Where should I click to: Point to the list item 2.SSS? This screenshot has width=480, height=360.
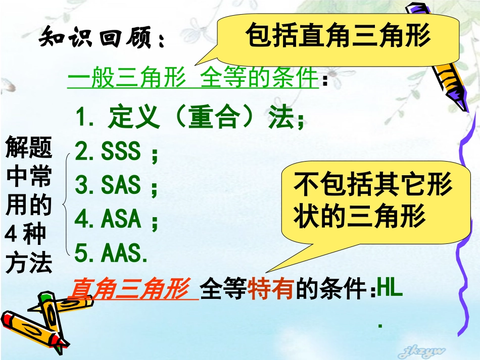click(116, 151)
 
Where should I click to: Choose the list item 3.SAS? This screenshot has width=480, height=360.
click(116, 185)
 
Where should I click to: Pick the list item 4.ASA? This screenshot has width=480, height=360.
click(116, 219)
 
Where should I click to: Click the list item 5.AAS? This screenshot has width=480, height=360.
click(112, 253)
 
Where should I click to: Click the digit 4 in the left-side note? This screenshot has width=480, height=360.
click(11, 234)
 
